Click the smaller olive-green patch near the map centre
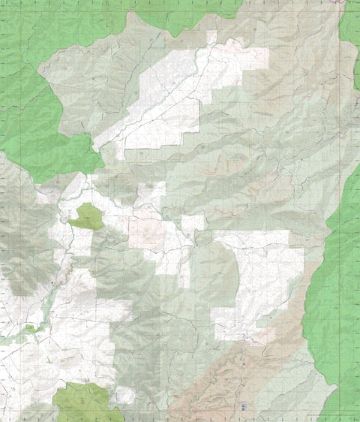pyautogui.click(x=87, y=217)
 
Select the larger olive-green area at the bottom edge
pyautogui.click(x=86, y=402)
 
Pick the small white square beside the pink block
pyautogui.click(x=193, y=223)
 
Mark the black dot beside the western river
pyautogui.click(x=51, y=282)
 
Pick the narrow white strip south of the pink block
pyautogui.click(x=184, y=270)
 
